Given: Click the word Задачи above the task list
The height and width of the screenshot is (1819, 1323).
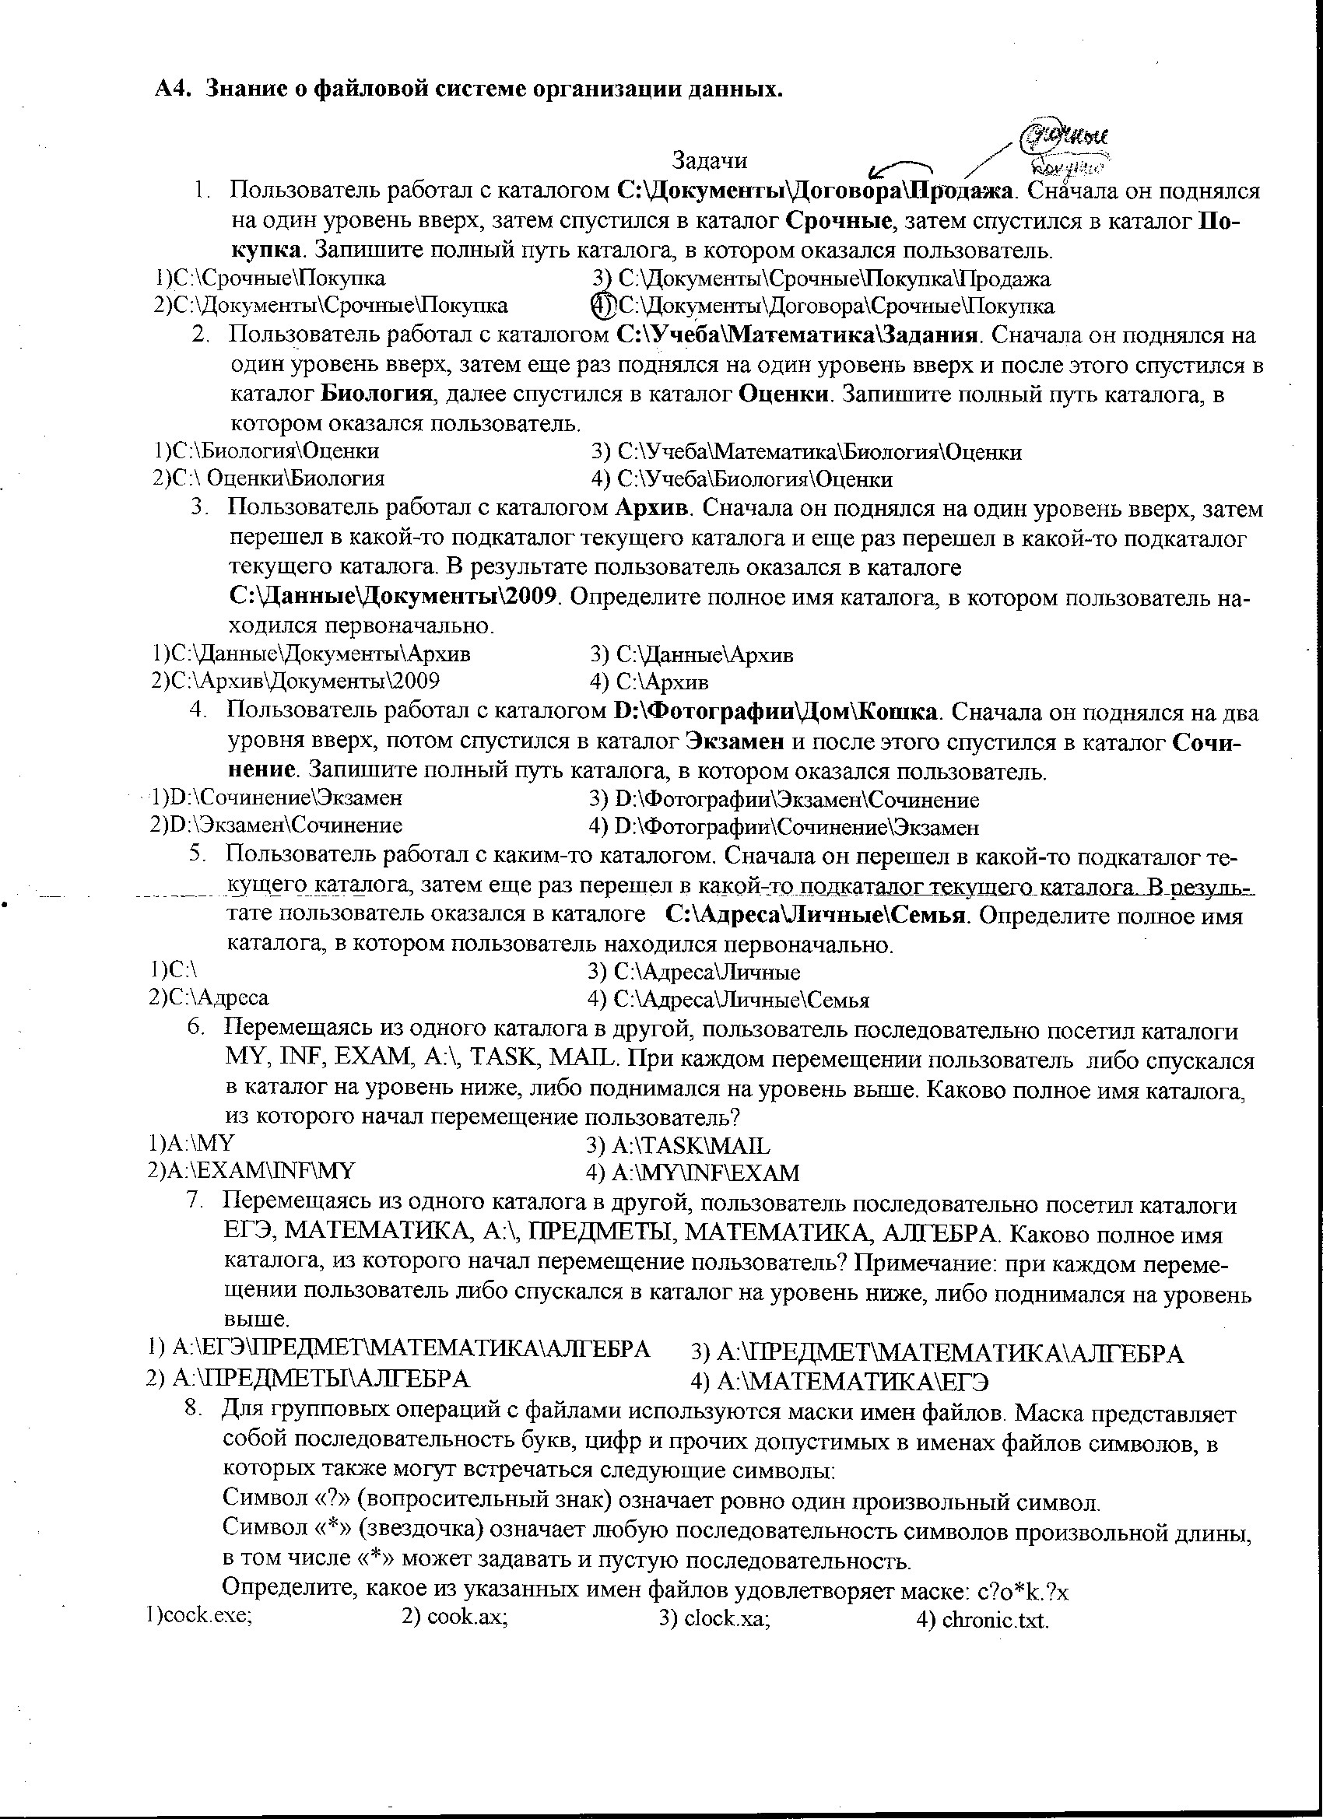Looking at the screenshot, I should click(709, 160).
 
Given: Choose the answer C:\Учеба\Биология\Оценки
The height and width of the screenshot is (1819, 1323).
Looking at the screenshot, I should click(754, 479).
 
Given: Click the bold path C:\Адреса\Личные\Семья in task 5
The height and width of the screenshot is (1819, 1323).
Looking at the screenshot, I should click(814, 915).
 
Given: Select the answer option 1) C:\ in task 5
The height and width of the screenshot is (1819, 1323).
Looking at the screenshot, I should click(174, 969).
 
